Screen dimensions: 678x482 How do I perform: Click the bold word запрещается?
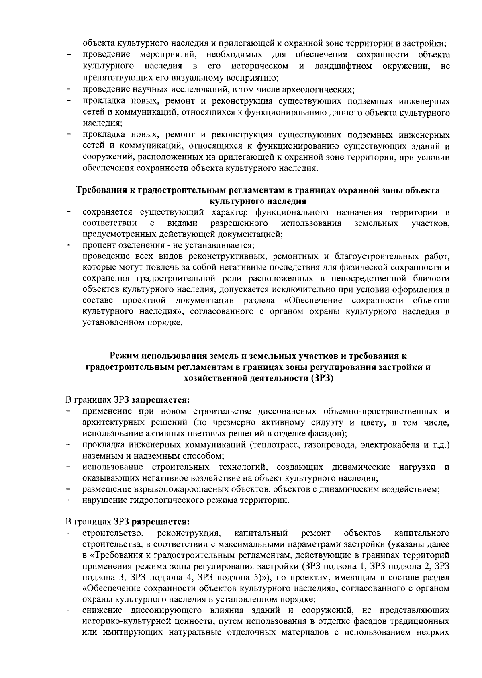coord(160,400)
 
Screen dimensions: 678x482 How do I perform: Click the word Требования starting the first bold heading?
coord(102,190)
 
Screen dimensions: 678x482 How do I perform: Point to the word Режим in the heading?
coord(123,356)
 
